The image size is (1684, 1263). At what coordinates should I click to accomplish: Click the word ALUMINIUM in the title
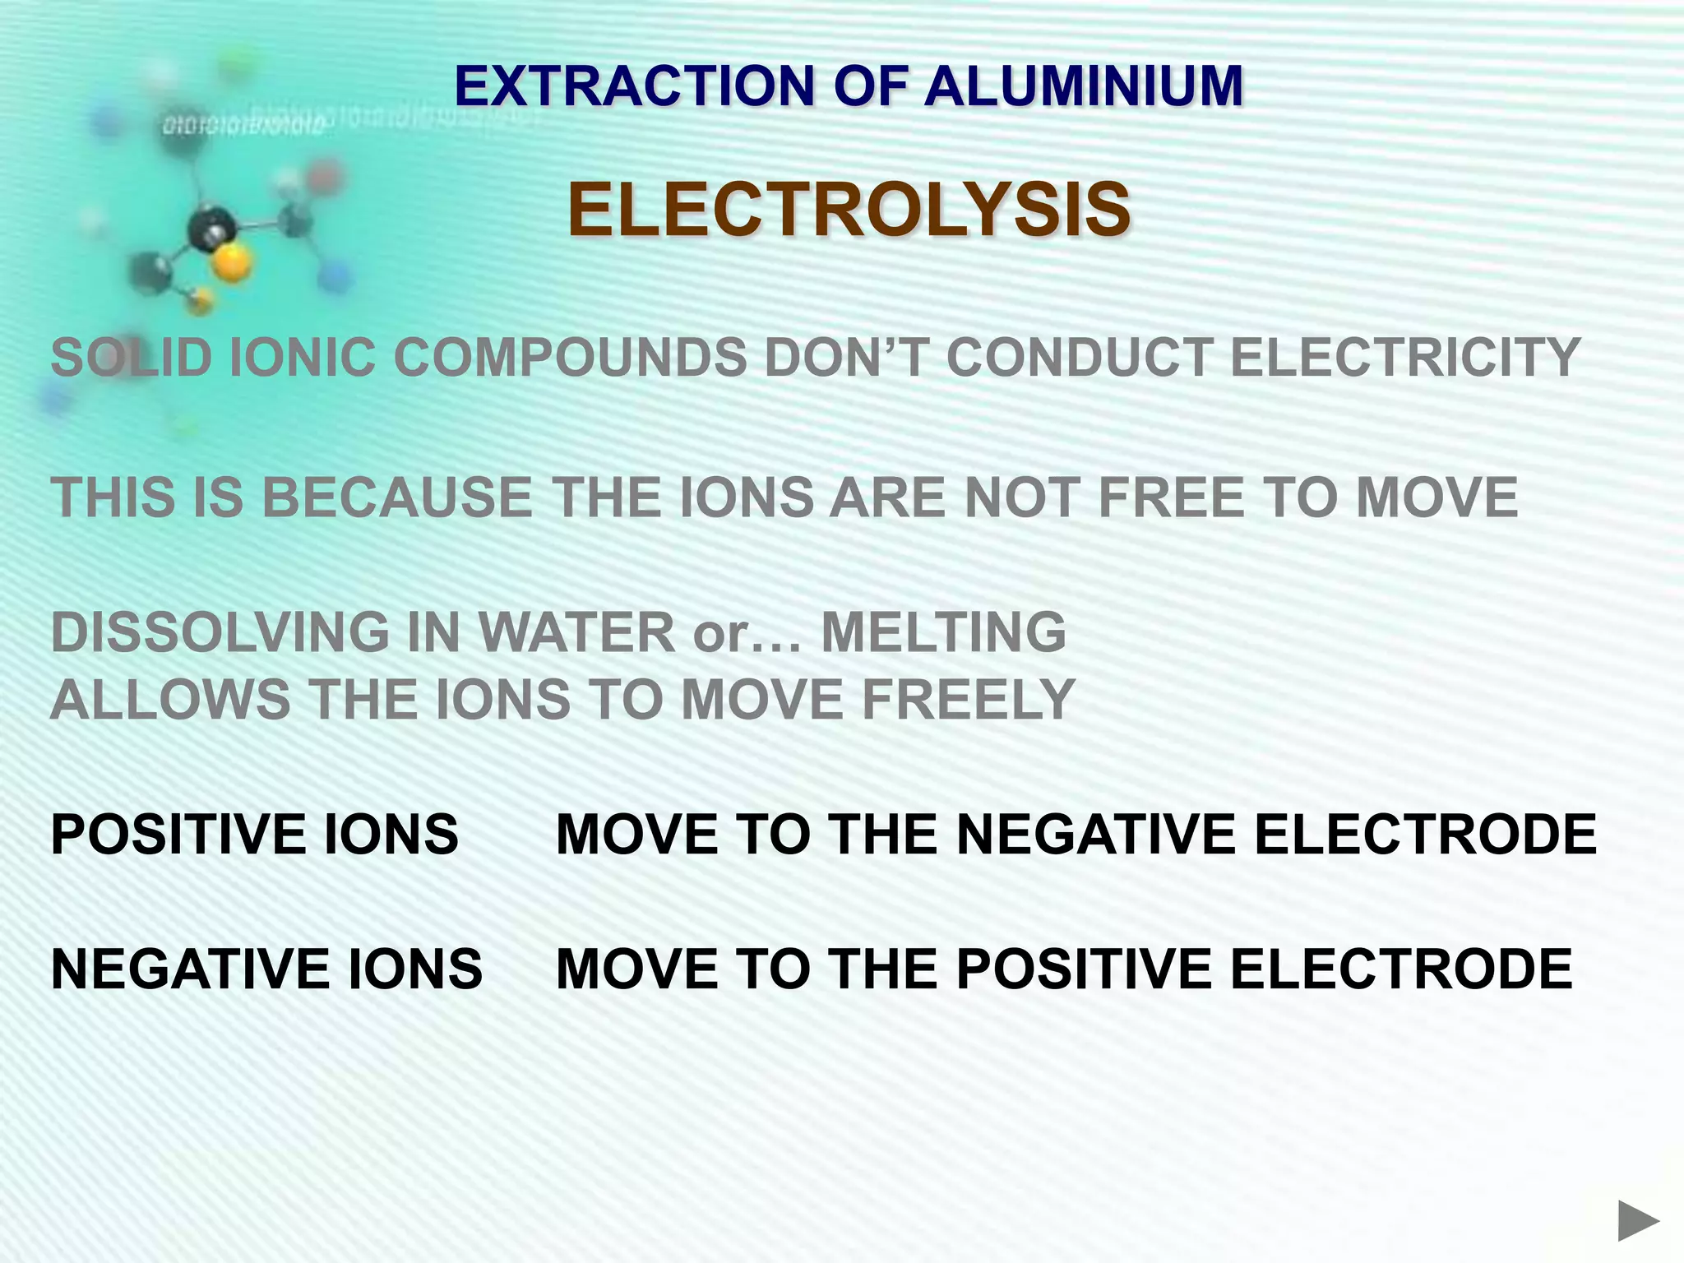(1084, 86)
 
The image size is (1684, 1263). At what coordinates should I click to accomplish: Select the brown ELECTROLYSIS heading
(849, 210)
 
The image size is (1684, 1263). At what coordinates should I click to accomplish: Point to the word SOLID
(131, 359)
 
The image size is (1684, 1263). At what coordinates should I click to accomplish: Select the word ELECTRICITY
(1405, 359)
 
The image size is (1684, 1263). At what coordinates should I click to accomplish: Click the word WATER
(576, 633)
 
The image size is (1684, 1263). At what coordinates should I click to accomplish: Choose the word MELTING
(943, 633)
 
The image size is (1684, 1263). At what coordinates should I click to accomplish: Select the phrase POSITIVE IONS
(254, 835)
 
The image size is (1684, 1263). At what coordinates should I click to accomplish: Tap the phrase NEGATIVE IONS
(266, 969)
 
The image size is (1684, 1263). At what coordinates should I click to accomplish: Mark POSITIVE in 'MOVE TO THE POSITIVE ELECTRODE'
(1084, 969)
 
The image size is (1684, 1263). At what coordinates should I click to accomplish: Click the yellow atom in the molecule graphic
(231, 263)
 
